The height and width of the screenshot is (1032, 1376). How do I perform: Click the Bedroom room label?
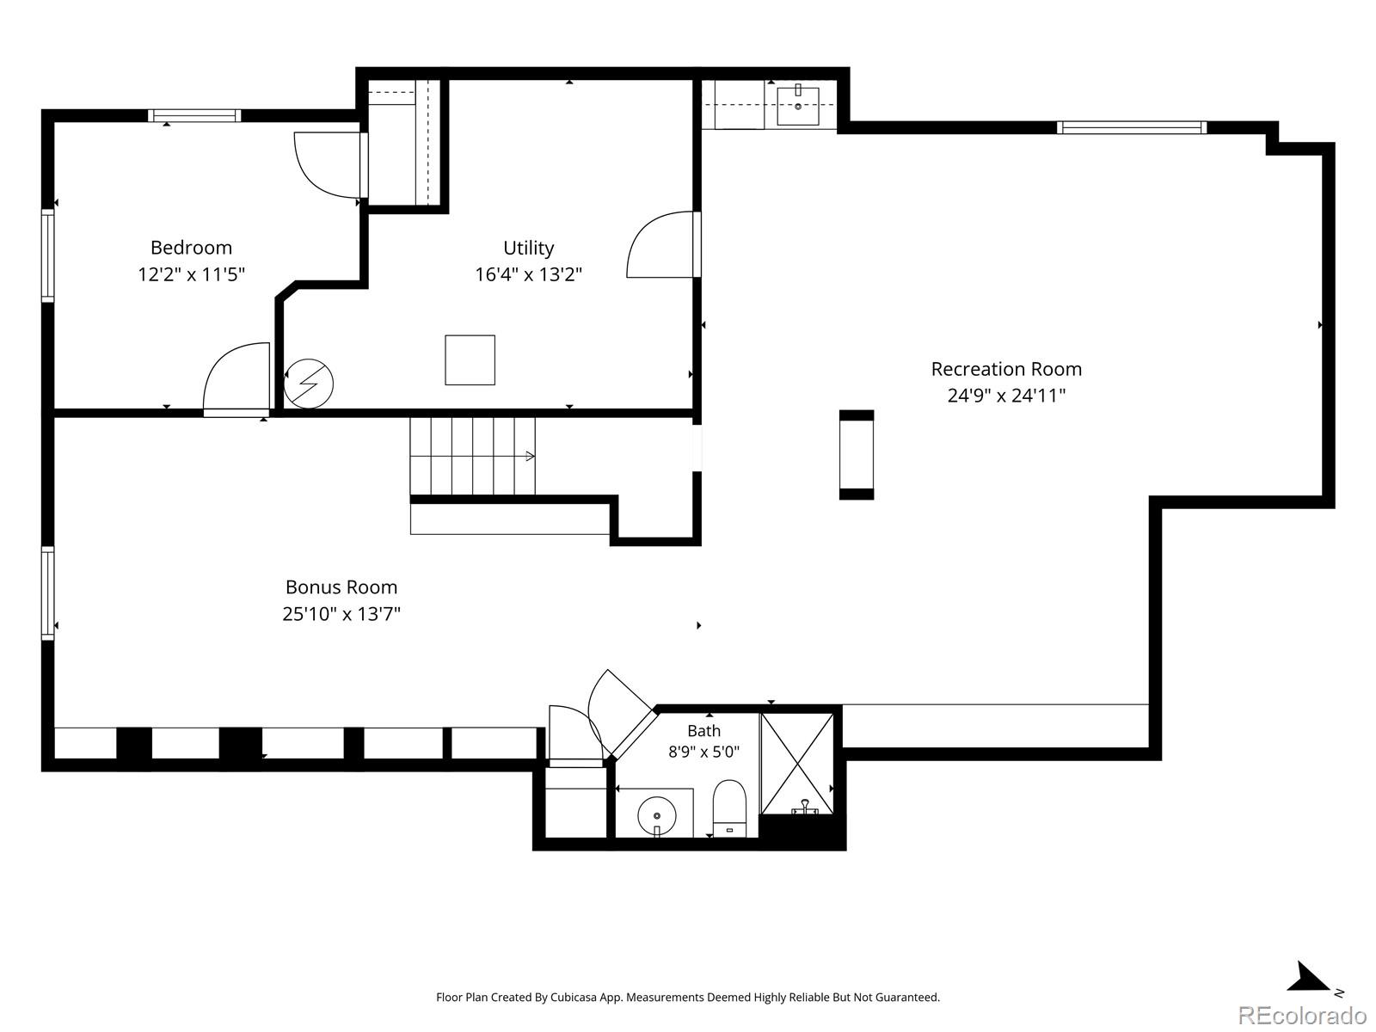[191, 248]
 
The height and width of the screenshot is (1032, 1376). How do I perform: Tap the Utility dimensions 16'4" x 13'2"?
[528, 274]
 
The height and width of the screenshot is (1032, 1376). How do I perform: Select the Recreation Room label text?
[1006, 369]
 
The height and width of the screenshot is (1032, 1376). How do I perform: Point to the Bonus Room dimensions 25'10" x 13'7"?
[341, 613]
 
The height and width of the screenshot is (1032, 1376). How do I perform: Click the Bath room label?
[704, 731]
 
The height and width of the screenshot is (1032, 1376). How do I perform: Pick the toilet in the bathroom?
[729, 808]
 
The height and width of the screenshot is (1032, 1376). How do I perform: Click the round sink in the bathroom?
[657, 816]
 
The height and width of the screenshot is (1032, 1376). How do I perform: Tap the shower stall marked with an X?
[797, 764]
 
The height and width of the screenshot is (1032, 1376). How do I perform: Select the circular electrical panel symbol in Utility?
[309, 384]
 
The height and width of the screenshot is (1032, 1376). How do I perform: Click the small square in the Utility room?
[470, 359]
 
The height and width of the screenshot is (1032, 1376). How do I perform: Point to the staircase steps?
[473, 456]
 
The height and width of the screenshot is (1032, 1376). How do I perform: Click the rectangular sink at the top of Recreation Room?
[798, 107]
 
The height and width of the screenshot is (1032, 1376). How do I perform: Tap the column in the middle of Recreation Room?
[857, 454]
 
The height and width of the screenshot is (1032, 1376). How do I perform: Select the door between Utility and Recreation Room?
[663, 244]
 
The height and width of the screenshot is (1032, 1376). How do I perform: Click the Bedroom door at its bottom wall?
[236, 380]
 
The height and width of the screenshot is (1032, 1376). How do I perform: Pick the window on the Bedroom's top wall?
[194, 115]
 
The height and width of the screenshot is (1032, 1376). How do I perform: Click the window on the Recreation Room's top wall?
[1132, 128]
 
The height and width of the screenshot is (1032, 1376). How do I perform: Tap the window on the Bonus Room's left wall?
[47, 593]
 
